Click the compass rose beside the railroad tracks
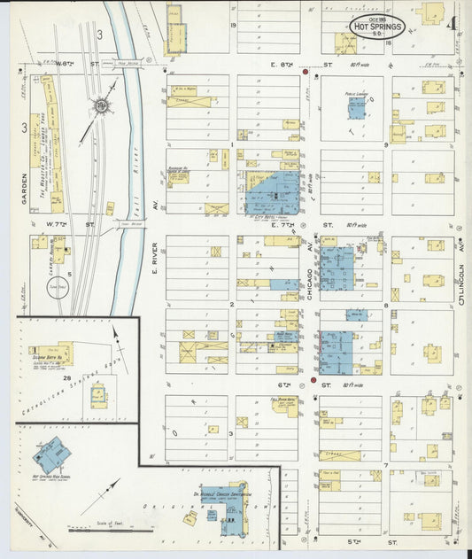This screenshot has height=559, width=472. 101,107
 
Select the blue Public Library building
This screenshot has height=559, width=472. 356,108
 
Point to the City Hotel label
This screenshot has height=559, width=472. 265,216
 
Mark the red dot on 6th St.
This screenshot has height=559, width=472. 313,381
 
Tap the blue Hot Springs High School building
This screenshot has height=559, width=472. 52,455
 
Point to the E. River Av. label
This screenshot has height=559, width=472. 154,257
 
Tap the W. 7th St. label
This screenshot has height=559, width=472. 70,225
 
